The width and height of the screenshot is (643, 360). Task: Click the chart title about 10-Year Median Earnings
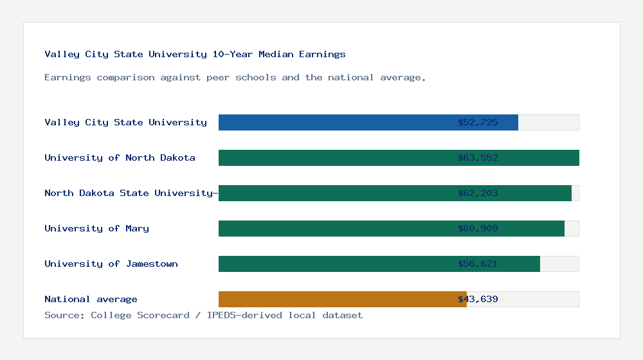coord(195,55)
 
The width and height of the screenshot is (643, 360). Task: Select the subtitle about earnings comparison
coord(235,78)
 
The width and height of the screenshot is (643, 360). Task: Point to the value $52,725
coord(478,122)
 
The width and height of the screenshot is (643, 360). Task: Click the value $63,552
coord(478,157)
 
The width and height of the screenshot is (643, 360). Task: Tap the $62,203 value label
coord(478,193)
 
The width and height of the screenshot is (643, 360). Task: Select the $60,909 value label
coord(478,228)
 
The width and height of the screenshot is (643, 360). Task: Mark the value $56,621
coord(478,264)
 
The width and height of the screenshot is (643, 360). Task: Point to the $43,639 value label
coord(478,299)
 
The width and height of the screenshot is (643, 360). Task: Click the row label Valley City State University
coord(125,122)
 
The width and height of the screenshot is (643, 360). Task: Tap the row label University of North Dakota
coord(120,157)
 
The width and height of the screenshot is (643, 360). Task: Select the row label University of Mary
coord(96,228)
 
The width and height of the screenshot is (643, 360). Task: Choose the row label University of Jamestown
coord(111,264)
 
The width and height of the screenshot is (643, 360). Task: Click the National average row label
coord(91,299)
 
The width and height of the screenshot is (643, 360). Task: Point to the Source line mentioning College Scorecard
coord(203,315)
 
